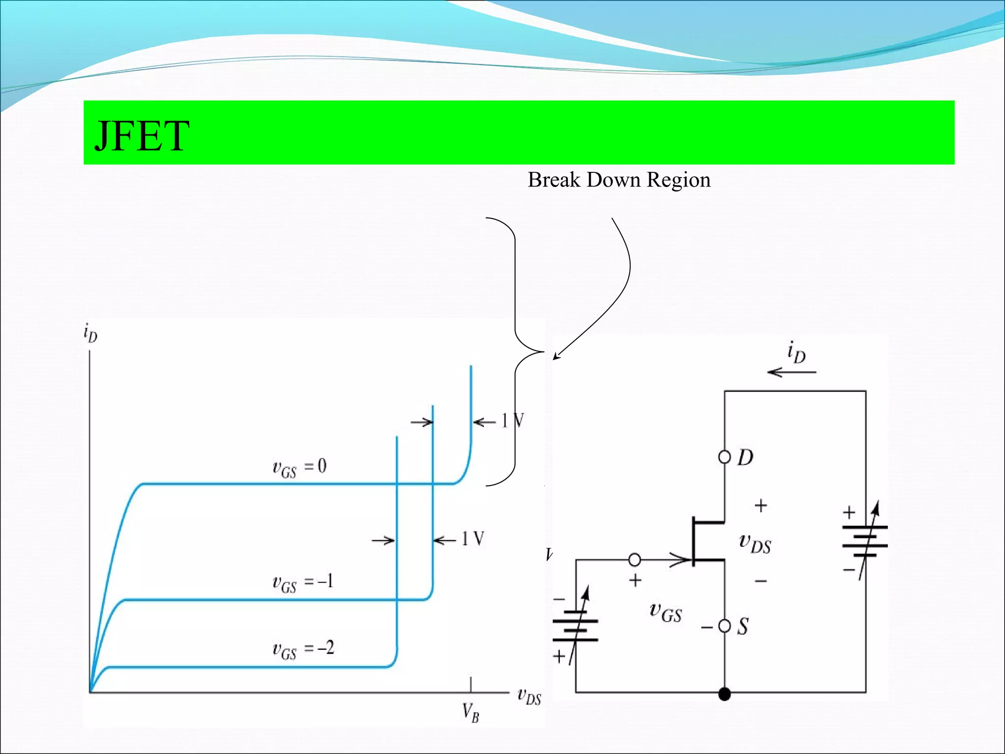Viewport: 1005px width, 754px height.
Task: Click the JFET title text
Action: tap(141, 136)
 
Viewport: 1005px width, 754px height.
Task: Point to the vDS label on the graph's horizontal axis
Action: tap(529, 697)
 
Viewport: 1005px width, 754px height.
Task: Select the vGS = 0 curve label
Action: tap(299, 467)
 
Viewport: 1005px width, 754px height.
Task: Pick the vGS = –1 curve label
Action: tap(302, 583)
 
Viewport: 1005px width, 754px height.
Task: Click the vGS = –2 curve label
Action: tap(303, 649)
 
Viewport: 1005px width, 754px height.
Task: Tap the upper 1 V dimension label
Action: tap(512, 421)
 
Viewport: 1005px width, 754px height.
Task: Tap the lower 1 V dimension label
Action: tap(472, 539)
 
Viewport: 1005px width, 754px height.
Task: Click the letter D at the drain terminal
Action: tap(745, 458)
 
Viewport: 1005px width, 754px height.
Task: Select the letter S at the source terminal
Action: tap(743, 627)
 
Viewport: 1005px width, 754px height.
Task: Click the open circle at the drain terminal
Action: tap(724, 457)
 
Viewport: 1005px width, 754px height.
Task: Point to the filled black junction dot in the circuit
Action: tap(724, 694)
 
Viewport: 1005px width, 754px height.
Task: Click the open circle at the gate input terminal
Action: tap(635, 559)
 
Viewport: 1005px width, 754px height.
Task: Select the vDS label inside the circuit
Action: tap(755, 543)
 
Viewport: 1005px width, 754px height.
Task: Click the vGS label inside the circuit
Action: tap(665, 613)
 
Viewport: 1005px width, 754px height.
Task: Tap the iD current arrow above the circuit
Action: tap(792, 372)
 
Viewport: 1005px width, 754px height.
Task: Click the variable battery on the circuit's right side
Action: tap(865, 540)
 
